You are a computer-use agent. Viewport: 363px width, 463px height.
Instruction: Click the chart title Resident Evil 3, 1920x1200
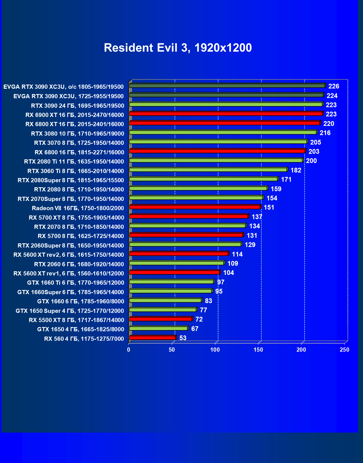pos(178,48)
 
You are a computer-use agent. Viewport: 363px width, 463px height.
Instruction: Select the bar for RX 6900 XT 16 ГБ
pos(226,114)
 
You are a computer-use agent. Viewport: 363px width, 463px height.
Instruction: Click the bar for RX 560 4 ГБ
pos(152,338)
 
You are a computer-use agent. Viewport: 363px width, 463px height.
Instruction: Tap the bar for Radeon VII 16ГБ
pos(195,207)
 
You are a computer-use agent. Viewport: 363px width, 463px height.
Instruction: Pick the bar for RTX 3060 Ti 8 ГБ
pos(208,170)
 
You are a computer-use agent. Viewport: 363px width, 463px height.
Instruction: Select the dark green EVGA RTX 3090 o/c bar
pos(227,86)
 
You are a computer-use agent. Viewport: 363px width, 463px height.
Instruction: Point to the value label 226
pos(334,86)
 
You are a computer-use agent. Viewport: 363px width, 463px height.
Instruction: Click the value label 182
pos(296,170)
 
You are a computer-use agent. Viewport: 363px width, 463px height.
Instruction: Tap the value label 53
pos(183,338)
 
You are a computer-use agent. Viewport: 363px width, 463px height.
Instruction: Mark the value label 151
pos(269,207)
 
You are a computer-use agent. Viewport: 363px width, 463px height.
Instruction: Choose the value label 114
pos(237,254)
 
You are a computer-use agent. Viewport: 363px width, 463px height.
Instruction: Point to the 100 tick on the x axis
pos(215,350)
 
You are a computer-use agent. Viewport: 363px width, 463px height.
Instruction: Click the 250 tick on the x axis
pos(345,350)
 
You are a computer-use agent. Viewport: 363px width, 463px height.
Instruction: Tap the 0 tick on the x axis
pos(129,350)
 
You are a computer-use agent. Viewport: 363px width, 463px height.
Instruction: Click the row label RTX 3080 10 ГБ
pos(78,134)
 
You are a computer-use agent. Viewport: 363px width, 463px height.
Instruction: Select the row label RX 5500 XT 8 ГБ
pos(77,320)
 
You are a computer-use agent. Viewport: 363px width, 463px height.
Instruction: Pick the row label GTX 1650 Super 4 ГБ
pos(70,311)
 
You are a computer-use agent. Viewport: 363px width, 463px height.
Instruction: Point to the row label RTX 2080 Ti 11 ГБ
pos(74,162)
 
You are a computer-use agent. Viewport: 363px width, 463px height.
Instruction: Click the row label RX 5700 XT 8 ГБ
pos(77,218)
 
